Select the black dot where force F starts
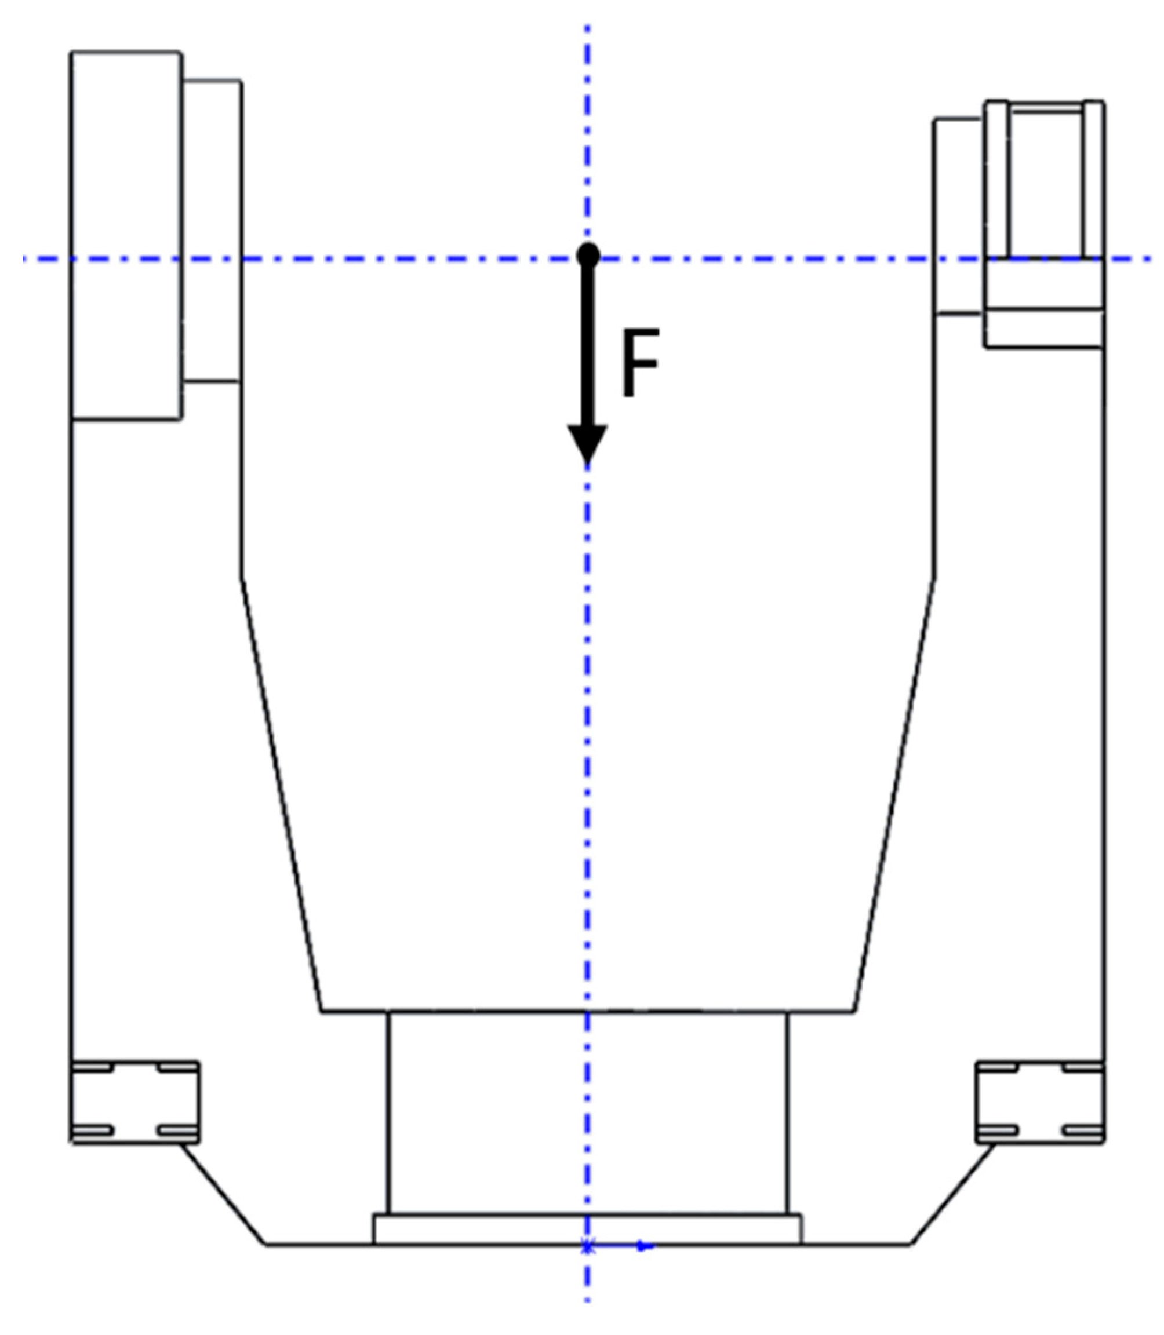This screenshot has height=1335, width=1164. coord(588,254)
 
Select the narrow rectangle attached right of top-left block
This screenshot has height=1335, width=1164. coord(212,231)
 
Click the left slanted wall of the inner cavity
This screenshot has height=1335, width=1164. coord(281,792)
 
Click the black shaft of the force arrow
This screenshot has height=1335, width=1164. coord(588,344)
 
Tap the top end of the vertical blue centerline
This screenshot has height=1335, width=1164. coord(588,29)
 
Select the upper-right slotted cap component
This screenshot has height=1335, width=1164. coord(1044,182)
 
